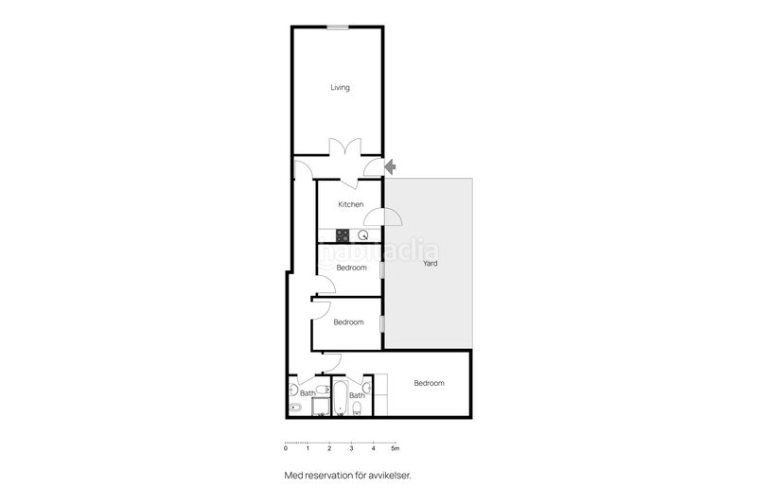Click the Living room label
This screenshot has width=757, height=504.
pyautogui.click(x=340, y=88)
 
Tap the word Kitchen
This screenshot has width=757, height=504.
pyautogui.click(x=351, y=204)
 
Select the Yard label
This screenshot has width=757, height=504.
pyautogui.click(x=430, y=264)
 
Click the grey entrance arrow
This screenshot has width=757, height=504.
pyautogui.click(x=391, y=166)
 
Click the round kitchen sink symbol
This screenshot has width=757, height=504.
pyautogui.click(x=363, y=235)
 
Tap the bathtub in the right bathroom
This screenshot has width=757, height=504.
pyautogui.click(x=339, y=398)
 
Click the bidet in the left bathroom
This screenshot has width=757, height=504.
pyautogui.click(x=293, y=408)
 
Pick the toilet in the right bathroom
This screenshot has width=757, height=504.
pyautogui.click(x=358, y=409)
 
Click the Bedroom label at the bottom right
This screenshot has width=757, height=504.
pyautogui.click(x=429, y=383)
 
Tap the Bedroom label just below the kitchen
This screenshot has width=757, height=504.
pyautogui.click(x=351, y=268)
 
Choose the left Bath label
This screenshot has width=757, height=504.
pyautogui.click(x=308, y=393)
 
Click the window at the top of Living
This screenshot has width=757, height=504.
pyautogui.click(x=339, y=27)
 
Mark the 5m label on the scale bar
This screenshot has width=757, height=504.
pyautogui.click(x=396, y=448)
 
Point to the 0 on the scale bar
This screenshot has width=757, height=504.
pyautogui.click(x=286, y=448)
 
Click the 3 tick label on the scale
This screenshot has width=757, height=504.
pyautogui.click(x=351, y=448)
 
